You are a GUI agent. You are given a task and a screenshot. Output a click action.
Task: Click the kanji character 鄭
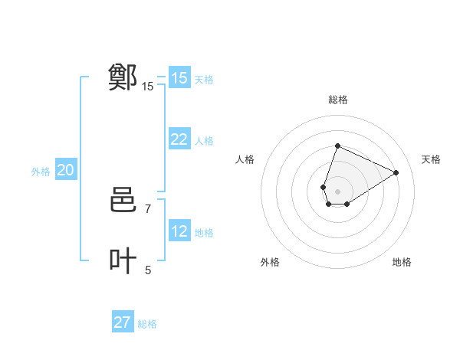click(x=123, y=77)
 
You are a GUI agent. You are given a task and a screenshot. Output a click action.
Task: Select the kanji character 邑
click(x=123, y=200)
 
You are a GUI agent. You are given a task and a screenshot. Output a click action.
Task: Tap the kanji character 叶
click(x=123, y=260)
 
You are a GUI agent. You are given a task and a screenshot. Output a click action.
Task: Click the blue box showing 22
click(x=179, y=139)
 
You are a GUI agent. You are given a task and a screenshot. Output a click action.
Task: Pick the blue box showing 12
click(x=179, y=231)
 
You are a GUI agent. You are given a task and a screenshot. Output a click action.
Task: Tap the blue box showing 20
click(x=65, y=170)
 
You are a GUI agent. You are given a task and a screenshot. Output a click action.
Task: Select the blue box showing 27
click(x=122, y=322)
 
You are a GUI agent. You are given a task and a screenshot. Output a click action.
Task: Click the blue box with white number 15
click(x=179, y=78)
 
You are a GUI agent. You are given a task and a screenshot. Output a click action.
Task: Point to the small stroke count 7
click(x=148, y=208)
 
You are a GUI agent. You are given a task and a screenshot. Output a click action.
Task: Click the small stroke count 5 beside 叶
click(x=148, y=270)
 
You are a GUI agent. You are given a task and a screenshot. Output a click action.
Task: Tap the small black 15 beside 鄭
click(x=148, y=87)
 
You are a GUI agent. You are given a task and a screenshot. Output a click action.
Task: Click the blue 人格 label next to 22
click(x=204, y=141)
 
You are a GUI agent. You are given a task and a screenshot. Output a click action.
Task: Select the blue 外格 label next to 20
click(x=41, y=172)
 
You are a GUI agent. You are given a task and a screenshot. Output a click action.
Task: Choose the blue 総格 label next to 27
click(x=147, y=324)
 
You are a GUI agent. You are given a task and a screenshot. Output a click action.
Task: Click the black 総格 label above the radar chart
click(x=337, y=100)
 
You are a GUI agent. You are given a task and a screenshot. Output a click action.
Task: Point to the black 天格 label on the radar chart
click(x=431, y=159)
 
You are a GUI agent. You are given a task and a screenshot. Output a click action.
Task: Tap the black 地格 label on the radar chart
click(x=402, y=262)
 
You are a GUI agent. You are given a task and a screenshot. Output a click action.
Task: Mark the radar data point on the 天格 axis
click(x=396, y=172)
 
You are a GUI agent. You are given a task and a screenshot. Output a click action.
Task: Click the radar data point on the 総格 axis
click(x=337, y=146)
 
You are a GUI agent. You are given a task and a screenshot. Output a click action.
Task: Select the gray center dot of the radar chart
click(x=337, y=191)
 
